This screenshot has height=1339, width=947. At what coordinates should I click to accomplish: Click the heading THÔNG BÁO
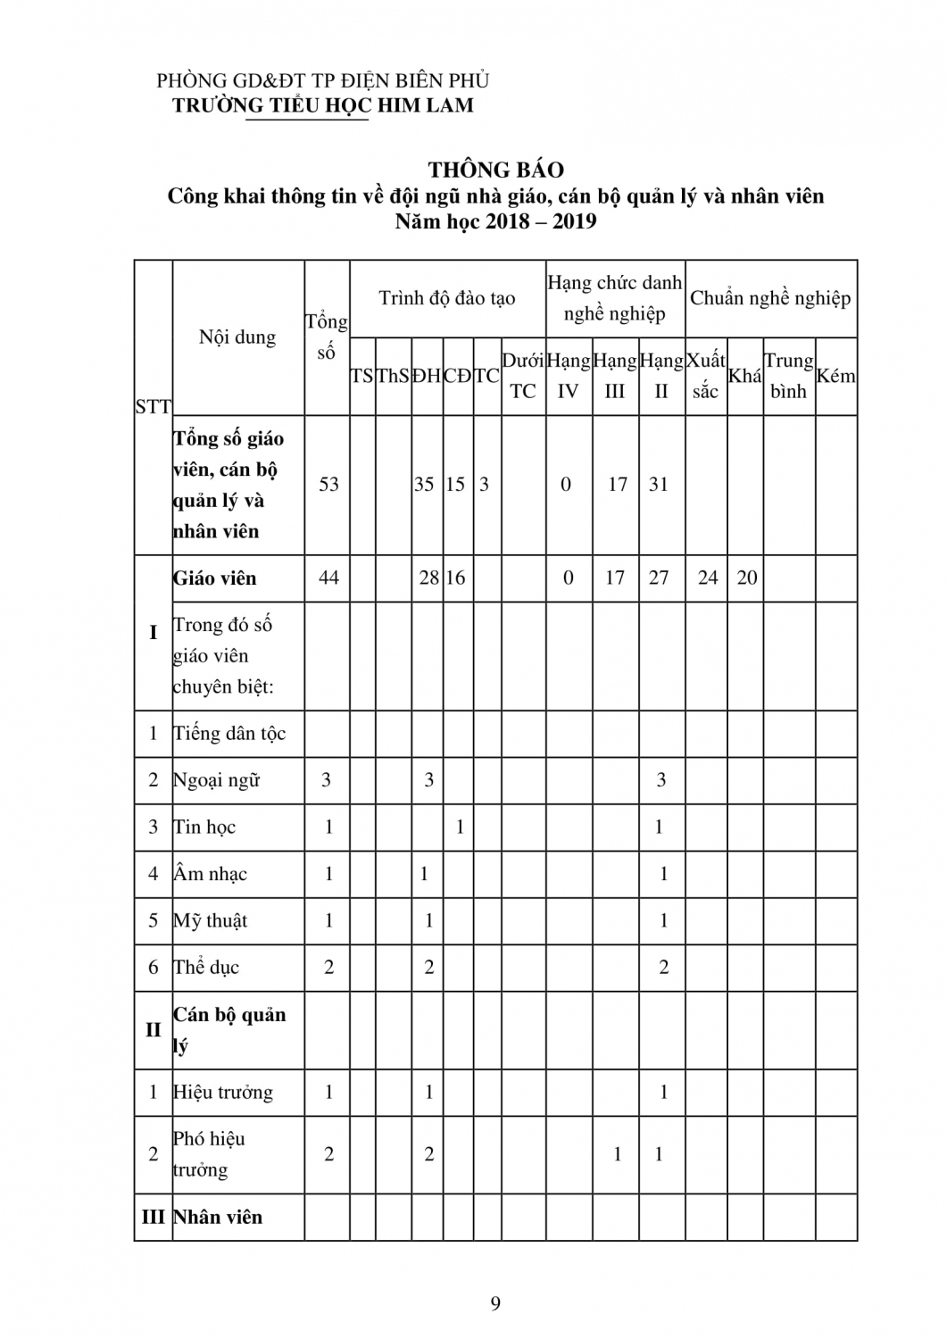(495, 169)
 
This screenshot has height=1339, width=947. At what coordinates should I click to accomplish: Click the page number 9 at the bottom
(495, 1303)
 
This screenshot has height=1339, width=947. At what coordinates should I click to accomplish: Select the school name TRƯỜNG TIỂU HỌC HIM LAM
(323, 104)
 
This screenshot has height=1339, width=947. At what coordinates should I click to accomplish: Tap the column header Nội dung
(237, 337)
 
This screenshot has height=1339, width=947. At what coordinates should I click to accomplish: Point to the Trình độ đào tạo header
(447, 297)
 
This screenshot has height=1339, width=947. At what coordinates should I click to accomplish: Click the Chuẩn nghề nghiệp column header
(770, 297)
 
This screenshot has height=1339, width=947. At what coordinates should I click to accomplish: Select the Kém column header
(835, 376)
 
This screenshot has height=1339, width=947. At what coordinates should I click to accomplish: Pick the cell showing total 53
(328, 484)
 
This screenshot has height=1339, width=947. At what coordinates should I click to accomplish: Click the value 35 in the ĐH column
(424, 484)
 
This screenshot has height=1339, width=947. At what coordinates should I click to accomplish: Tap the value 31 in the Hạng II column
(659, 484)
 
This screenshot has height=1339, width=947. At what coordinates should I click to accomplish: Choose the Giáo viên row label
(215, 578)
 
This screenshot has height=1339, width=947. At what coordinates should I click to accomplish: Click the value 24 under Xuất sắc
(707, 578)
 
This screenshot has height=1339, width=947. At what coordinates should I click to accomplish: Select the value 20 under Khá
(747, 578)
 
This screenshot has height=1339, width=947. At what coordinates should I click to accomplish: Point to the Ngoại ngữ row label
(217, 780)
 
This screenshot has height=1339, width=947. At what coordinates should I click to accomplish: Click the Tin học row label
(204, 827)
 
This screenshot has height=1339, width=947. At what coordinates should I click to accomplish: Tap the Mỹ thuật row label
(211, 920)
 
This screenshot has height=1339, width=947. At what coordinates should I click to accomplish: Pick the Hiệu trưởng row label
(223, 1092)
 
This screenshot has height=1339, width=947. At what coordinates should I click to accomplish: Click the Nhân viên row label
(218, 1217)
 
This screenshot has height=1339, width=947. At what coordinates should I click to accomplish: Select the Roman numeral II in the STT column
(153, 1029)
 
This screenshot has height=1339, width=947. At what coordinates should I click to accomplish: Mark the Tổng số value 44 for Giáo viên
(328, 578)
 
